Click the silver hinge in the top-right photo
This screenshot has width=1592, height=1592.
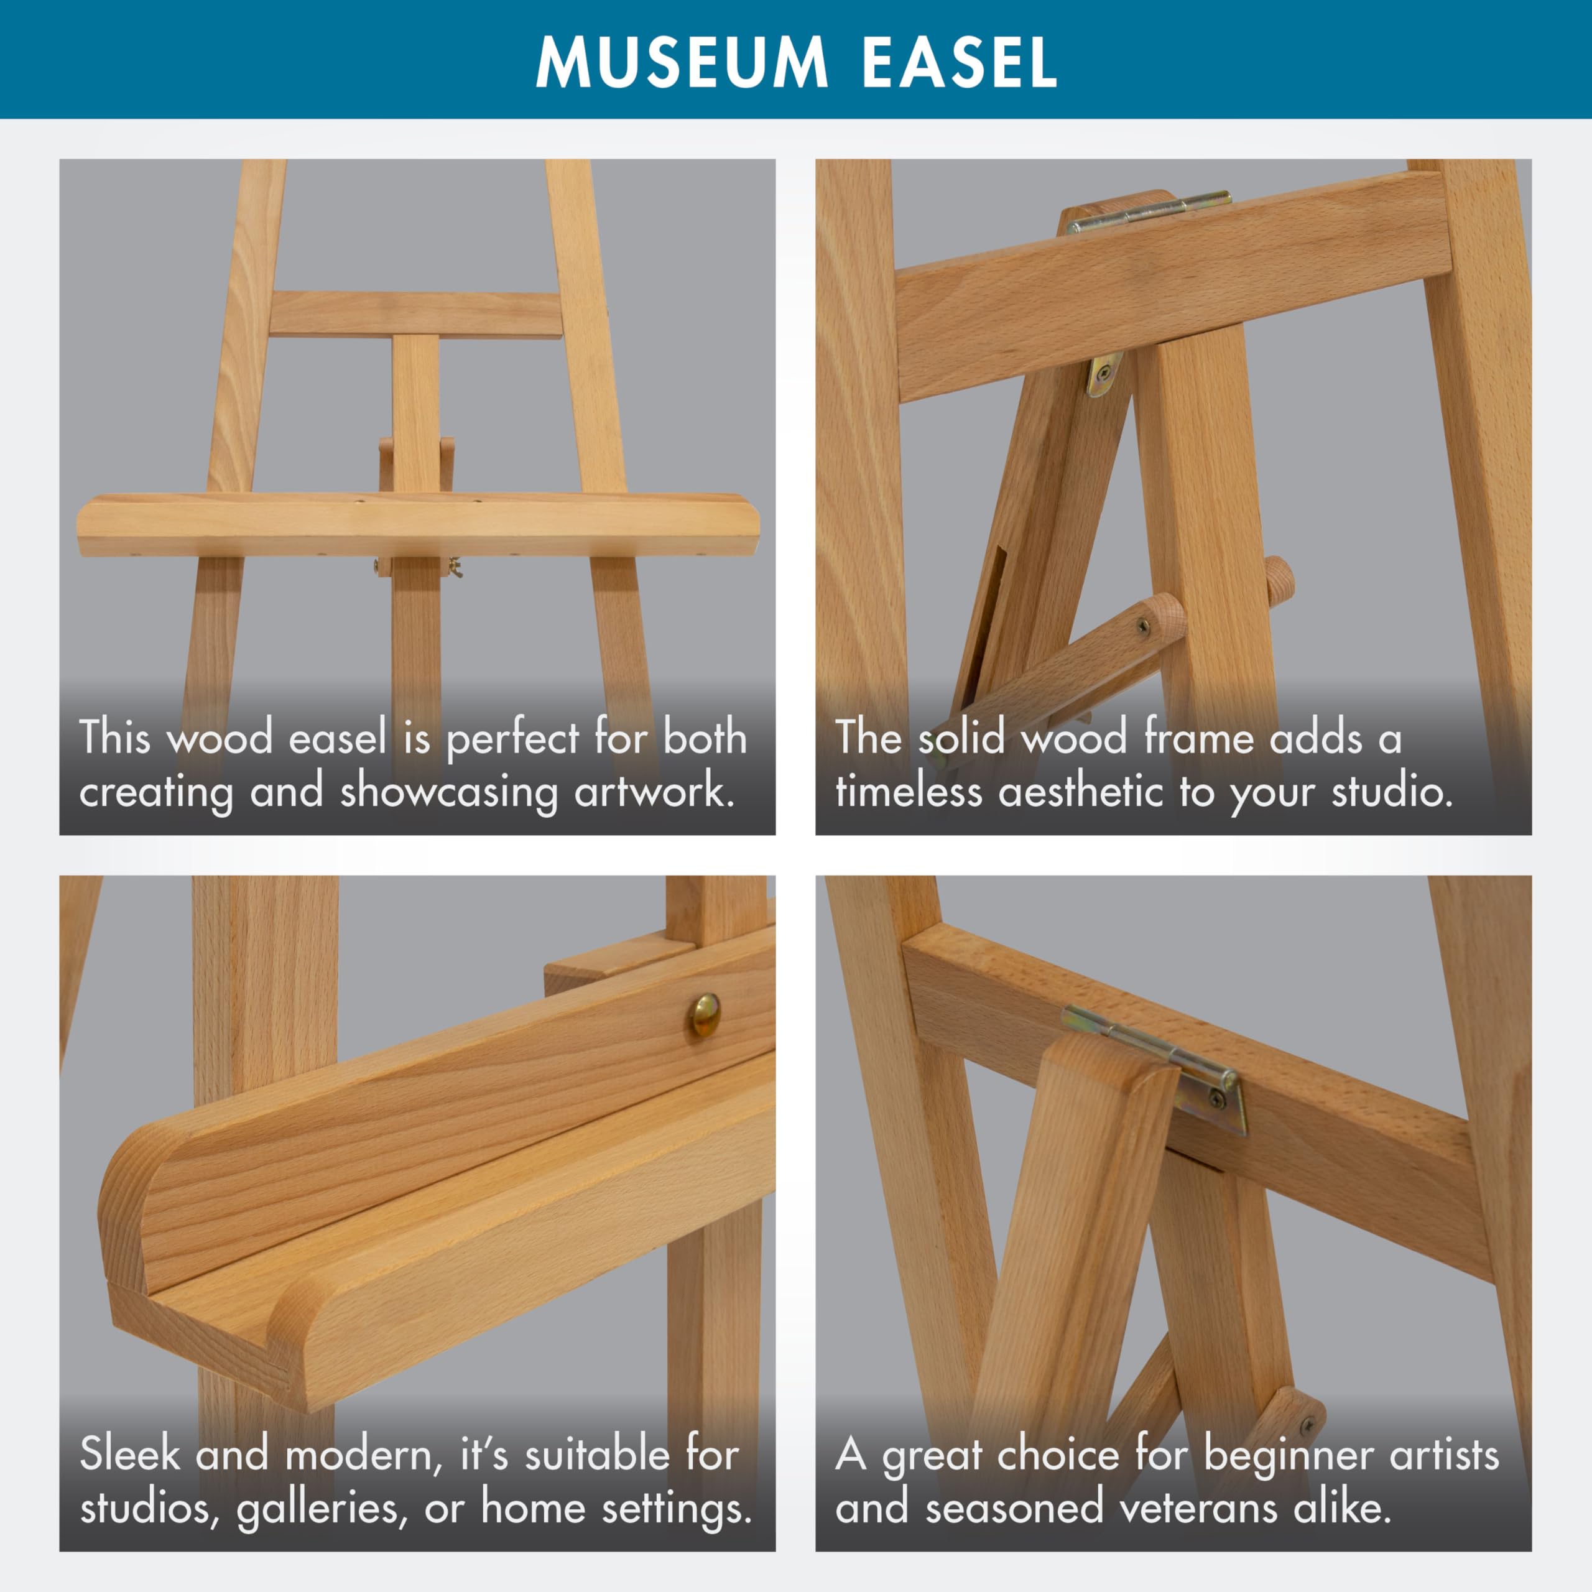(1149, 211)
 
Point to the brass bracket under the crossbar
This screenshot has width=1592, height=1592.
(1104, 374)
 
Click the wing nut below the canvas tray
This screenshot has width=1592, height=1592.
(452, 567)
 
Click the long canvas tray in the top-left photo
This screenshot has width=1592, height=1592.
(419, 525)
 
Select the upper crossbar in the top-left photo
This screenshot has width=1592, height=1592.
(415, 314)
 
